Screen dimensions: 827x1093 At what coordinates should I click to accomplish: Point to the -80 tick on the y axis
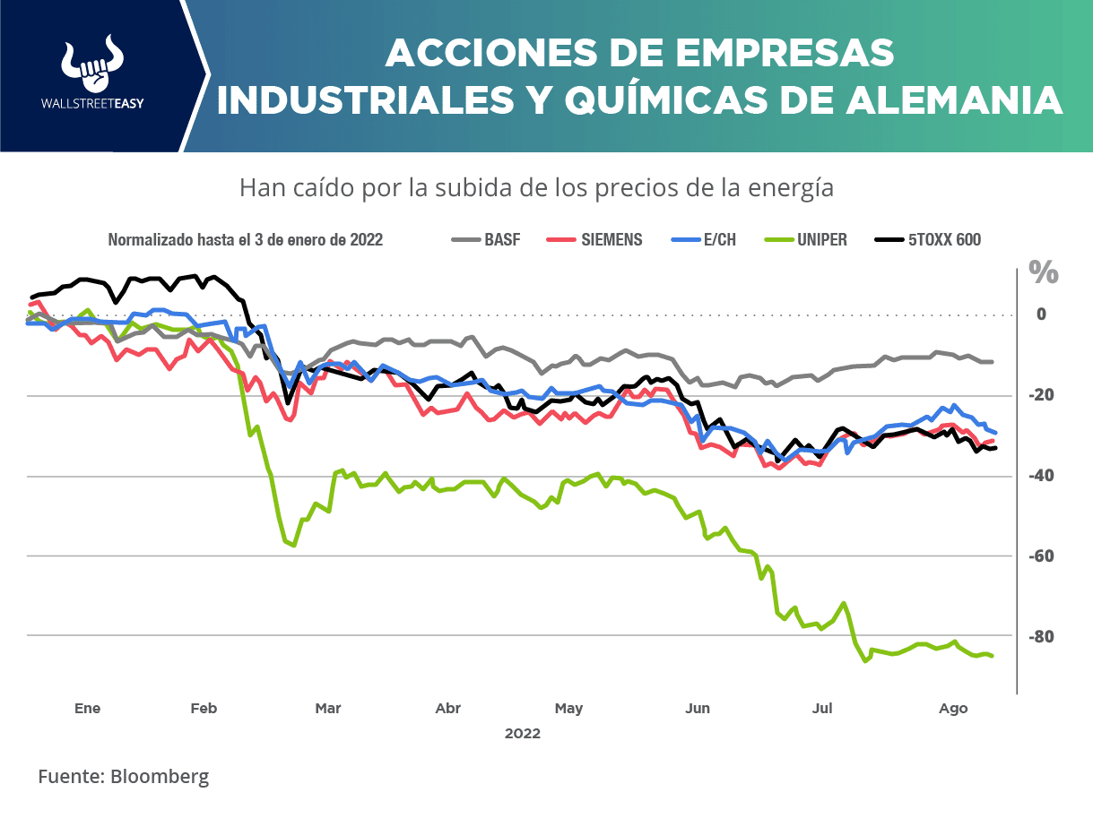[1040, 637]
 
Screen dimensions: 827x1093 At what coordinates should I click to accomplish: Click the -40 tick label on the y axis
[1040, 476]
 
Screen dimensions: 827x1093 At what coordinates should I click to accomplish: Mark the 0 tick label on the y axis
[1041, 314]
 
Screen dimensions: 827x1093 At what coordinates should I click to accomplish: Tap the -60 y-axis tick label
[1040, 556]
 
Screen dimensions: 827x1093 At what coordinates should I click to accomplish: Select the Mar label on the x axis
[328, 709]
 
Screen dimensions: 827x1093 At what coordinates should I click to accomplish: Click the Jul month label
[822, 709]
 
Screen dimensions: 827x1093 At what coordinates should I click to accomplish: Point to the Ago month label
[953, 709]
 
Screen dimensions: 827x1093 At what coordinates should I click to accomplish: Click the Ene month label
[87, 709]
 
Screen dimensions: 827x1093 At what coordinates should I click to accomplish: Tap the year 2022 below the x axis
[523, 733]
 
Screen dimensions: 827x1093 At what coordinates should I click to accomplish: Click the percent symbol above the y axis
[1044, 272]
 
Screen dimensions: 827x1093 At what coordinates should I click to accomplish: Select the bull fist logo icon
[92, 65]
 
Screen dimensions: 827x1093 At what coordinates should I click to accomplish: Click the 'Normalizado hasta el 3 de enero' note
[246, 240]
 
